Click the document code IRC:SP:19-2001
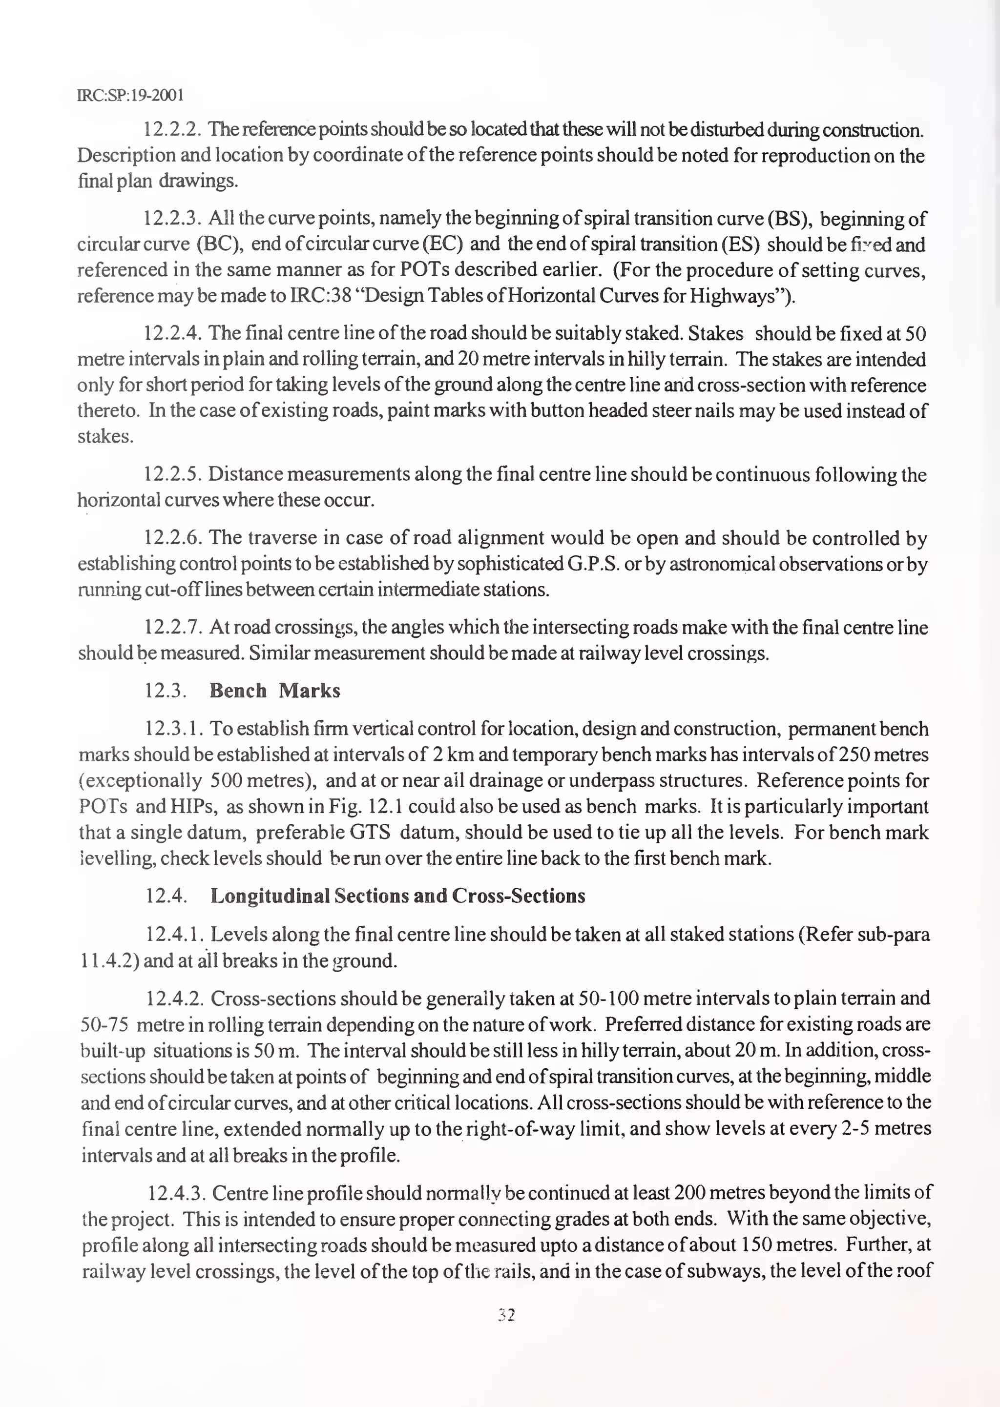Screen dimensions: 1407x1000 (x=130, y=95)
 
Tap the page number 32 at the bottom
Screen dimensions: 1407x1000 (x=506, y=1315)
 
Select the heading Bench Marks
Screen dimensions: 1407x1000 (x=274, y=691)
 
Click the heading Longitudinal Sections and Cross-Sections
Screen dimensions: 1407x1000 (x=398, y=896)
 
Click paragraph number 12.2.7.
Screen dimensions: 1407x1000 (x=173, y=627)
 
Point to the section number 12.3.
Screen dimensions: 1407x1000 (x=165, y=691)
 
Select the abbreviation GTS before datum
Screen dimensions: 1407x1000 (x=370, y=832)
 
